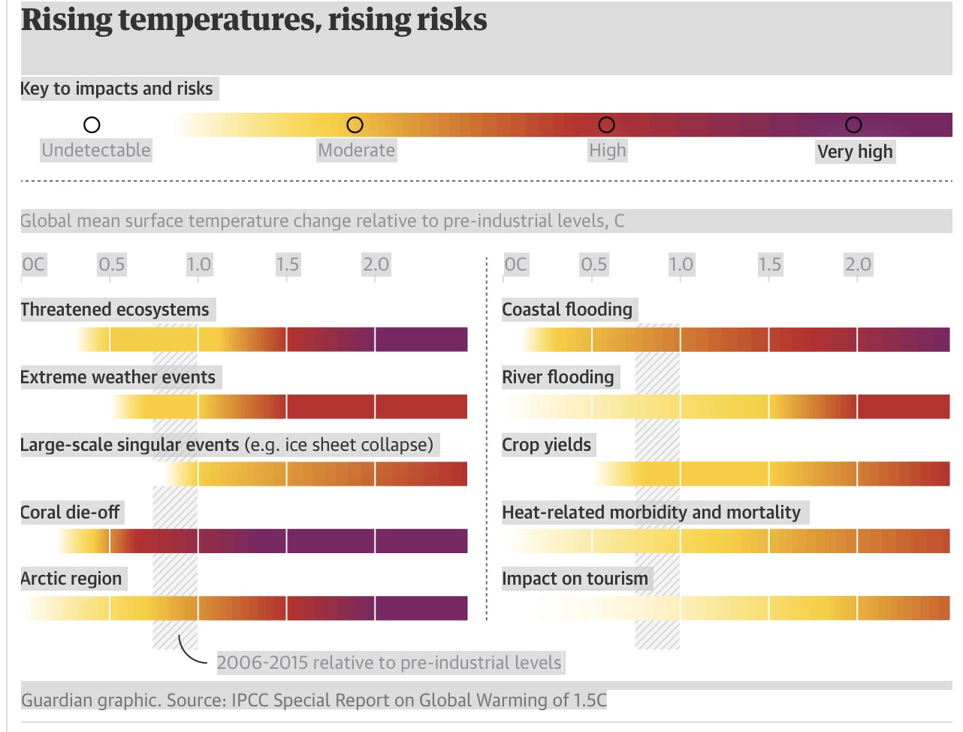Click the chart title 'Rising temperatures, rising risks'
click(254, 20)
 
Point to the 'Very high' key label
click(855, 152)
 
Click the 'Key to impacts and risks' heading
click(116, 89)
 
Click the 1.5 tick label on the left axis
click(288, 265)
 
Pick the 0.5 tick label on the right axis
click(594, 265)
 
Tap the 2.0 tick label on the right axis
click(858, 265)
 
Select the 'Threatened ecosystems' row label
click(115, 310)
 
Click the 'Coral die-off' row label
click(70, 512)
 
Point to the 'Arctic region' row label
click(71, 579)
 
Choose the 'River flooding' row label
click(557, 377)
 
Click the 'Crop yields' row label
click(546, 445)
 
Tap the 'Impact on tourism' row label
click(575, 579)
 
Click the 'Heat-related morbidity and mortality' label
click(651, 512)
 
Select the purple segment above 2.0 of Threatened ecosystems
click(421, 339)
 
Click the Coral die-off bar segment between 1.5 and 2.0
click(331, 540)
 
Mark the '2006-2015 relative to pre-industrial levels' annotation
click(388, 663)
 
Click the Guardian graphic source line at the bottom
click(314, 700)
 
